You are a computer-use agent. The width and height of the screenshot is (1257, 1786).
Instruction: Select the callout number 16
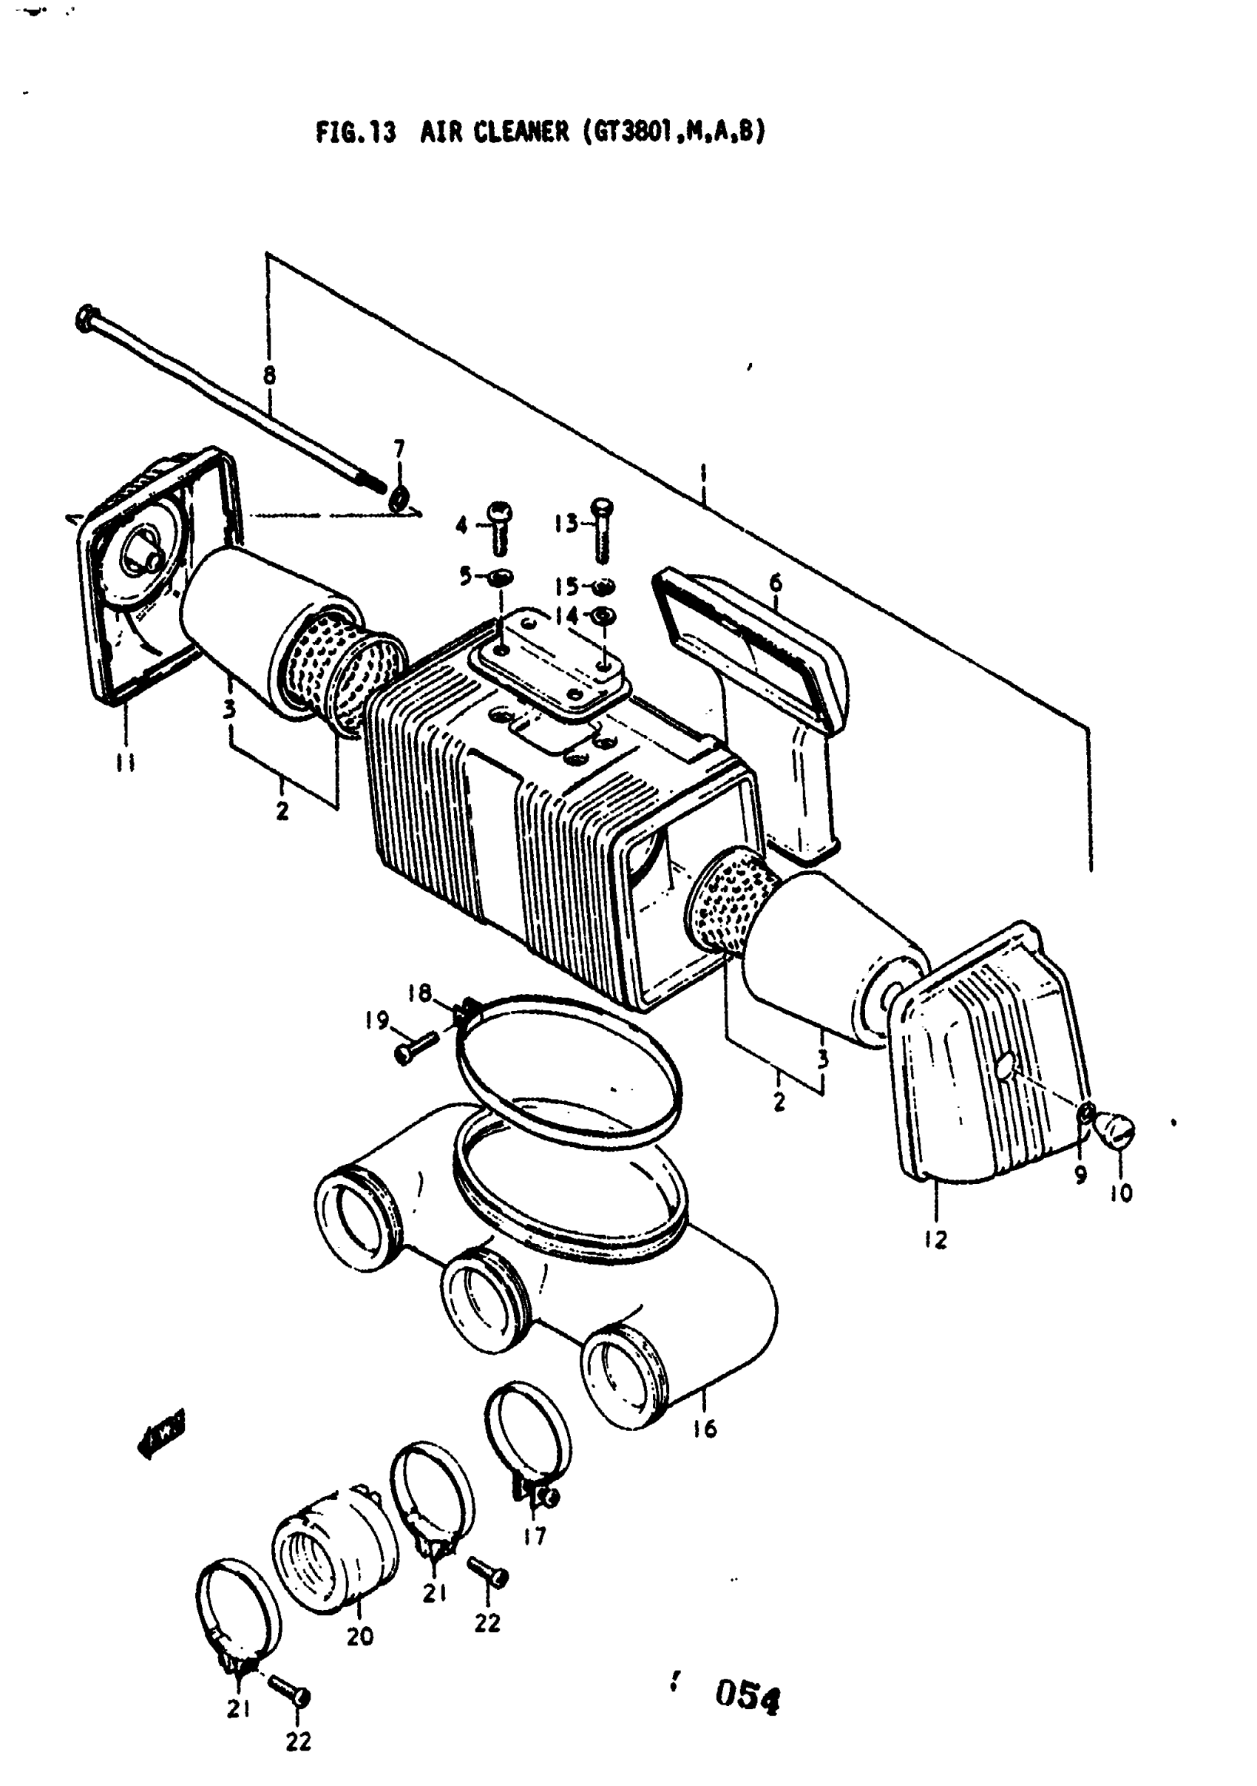pyautogui.click(x=705, y=1429)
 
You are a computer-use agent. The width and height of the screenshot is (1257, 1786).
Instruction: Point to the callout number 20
pyautogui.click(x=359, y=1637)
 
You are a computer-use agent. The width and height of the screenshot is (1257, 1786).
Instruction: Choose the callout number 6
pyautogui.click(x=776, y=583)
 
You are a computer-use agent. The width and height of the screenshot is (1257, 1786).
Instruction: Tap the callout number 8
pyautogui.click(x=269, y=376)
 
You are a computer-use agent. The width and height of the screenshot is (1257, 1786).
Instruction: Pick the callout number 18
pyautogui.click(x=419, y=993)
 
